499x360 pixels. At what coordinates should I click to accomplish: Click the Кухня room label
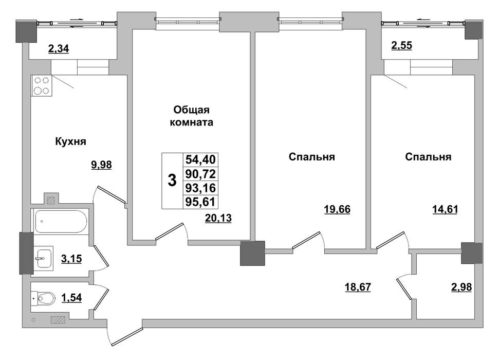70,141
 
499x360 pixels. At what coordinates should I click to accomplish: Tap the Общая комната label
191,116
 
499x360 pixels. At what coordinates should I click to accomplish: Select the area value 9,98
102,165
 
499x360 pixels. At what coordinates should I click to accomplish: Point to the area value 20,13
218,218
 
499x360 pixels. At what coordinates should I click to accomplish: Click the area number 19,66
337,209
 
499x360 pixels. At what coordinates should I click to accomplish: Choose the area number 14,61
445,209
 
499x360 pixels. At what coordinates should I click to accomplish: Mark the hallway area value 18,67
358,287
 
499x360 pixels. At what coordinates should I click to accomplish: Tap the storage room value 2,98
461,287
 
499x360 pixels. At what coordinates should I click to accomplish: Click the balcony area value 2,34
59,49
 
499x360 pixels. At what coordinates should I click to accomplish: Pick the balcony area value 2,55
402,46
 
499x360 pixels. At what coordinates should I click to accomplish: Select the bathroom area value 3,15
71,259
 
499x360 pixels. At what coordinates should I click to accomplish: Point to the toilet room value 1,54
71,298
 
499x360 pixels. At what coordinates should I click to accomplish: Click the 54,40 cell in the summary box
200,159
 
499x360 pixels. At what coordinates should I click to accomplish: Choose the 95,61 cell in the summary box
200,202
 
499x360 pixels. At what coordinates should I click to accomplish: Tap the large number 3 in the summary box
172,181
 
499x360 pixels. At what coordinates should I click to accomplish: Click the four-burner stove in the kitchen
42,86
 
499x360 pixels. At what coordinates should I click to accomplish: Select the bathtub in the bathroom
61,222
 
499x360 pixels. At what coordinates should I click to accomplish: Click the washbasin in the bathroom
44,258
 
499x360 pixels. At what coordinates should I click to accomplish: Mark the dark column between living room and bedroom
252,253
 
